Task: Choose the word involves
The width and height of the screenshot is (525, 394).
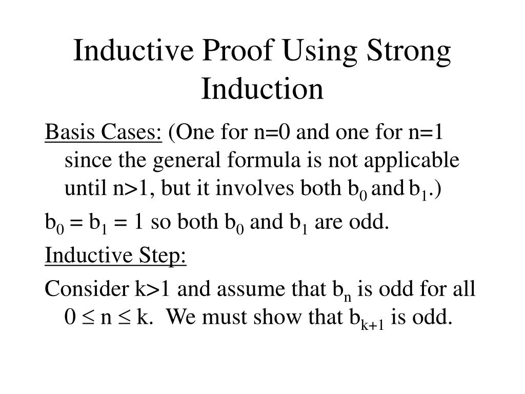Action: pyautogui.click(x=249, y=189)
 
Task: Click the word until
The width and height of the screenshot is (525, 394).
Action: pyautogui.click(x=82, y=189)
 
